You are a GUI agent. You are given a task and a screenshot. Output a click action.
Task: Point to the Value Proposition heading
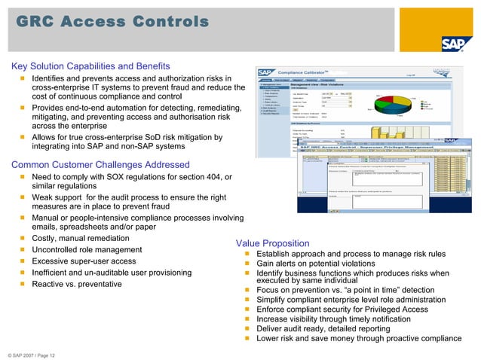[272, 243]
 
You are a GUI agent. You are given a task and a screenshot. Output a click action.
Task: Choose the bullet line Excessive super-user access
[84, 261]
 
